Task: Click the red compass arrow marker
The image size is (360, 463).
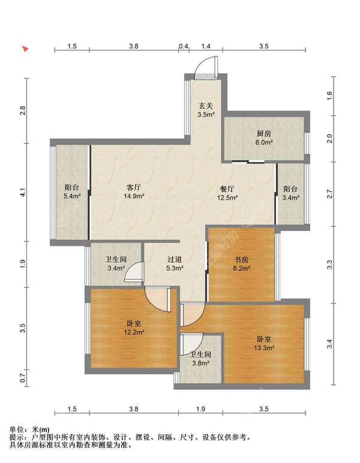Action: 26,49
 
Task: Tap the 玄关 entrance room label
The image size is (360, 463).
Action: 206,106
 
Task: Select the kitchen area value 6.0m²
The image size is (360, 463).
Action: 264,142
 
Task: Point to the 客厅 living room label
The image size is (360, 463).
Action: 134,187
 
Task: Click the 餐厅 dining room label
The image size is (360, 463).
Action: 227,189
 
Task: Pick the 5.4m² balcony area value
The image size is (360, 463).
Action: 72,196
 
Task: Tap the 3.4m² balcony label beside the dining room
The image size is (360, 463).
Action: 290,197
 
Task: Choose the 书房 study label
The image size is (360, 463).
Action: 241,260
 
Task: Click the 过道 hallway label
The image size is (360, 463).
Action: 175,260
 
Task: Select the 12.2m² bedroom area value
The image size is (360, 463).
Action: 134,332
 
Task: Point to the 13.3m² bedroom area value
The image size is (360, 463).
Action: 265,348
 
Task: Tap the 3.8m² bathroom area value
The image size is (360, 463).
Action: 201,363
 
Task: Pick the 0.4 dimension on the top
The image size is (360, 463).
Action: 184,46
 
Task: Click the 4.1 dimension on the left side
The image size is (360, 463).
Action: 23,193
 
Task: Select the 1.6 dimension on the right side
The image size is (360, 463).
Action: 329,95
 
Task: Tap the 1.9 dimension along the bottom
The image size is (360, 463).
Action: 200,409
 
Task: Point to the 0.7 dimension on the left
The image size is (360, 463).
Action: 23,378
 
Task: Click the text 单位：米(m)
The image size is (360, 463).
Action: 29,429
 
